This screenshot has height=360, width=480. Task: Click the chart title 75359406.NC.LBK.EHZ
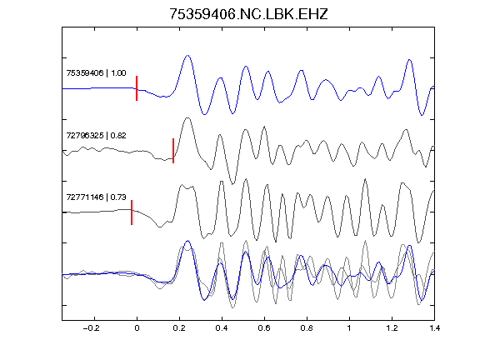pos(248,14)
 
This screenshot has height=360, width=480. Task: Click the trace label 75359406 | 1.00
pos(96,72)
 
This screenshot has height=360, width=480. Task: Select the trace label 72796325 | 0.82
pos(96,135)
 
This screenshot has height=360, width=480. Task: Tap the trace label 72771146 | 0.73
pos(96,197)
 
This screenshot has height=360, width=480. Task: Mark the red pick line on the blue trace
pos(137,88)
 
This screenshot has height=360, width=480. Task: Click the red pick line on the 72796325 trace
pos(173,151)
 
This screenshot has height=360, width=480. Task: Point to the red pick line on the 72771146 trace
pos(132,212)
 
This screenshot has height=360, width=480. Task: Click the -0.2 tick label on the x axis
pos(91,328)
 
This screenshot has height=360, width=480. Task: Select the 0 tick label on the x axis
pos(137,328)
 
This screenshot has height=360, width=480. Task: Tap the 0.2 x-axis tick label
pos(179,328)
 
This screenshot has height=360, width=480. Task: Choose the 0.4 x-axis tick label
pos(222,328)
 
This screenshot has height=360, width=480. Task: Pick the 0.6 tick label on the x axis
pos(264,328)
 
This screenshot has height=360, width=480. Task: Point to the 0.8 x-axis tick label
pos(307,328)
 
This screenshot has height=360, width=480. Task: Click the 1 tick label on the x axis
pos(349,328)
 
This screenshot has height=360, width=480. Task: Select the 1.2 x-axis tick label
pos(392,328)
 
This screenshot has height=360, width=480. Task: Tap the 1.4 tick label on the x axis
pos(434,328)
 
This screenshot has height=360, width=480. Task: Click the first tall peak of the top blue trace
pos(188,55)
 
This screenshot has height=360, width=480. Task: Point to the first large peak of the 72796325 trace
pos(187,117)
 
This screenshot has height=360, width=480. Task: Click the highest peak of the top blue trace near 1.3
pos(410,60)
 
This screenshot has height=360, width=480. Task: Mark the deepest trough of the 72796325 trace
pos(233,184)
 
